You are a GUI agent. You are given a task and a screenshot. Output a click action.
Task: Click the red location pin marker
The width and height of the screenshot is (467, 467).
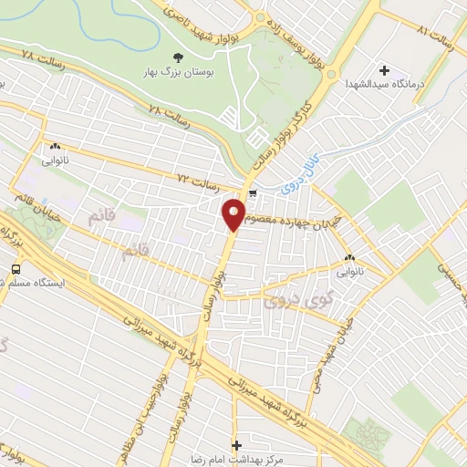pos(234,213)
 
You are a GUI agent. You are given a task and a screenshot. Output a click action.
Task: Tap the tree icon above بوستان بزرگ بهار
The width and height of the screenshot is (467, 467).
pos(177,58)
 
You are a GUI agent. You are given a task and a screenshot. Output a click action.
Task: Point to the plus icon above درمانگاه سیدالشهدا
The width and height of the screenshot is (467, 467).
pos(383,70)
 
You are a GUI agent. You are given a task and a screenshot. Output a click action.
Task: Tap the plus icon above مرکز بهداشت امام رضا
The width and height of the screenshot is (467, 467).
pos(237,446)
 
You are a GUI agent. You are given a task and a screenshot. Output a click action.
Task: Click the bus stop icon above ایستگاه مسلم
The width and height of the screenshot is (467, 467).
pos(16,268)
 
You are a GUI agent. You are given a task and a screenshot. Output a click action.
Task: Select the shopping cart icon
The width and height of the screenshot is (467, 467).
pos(253,192)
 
